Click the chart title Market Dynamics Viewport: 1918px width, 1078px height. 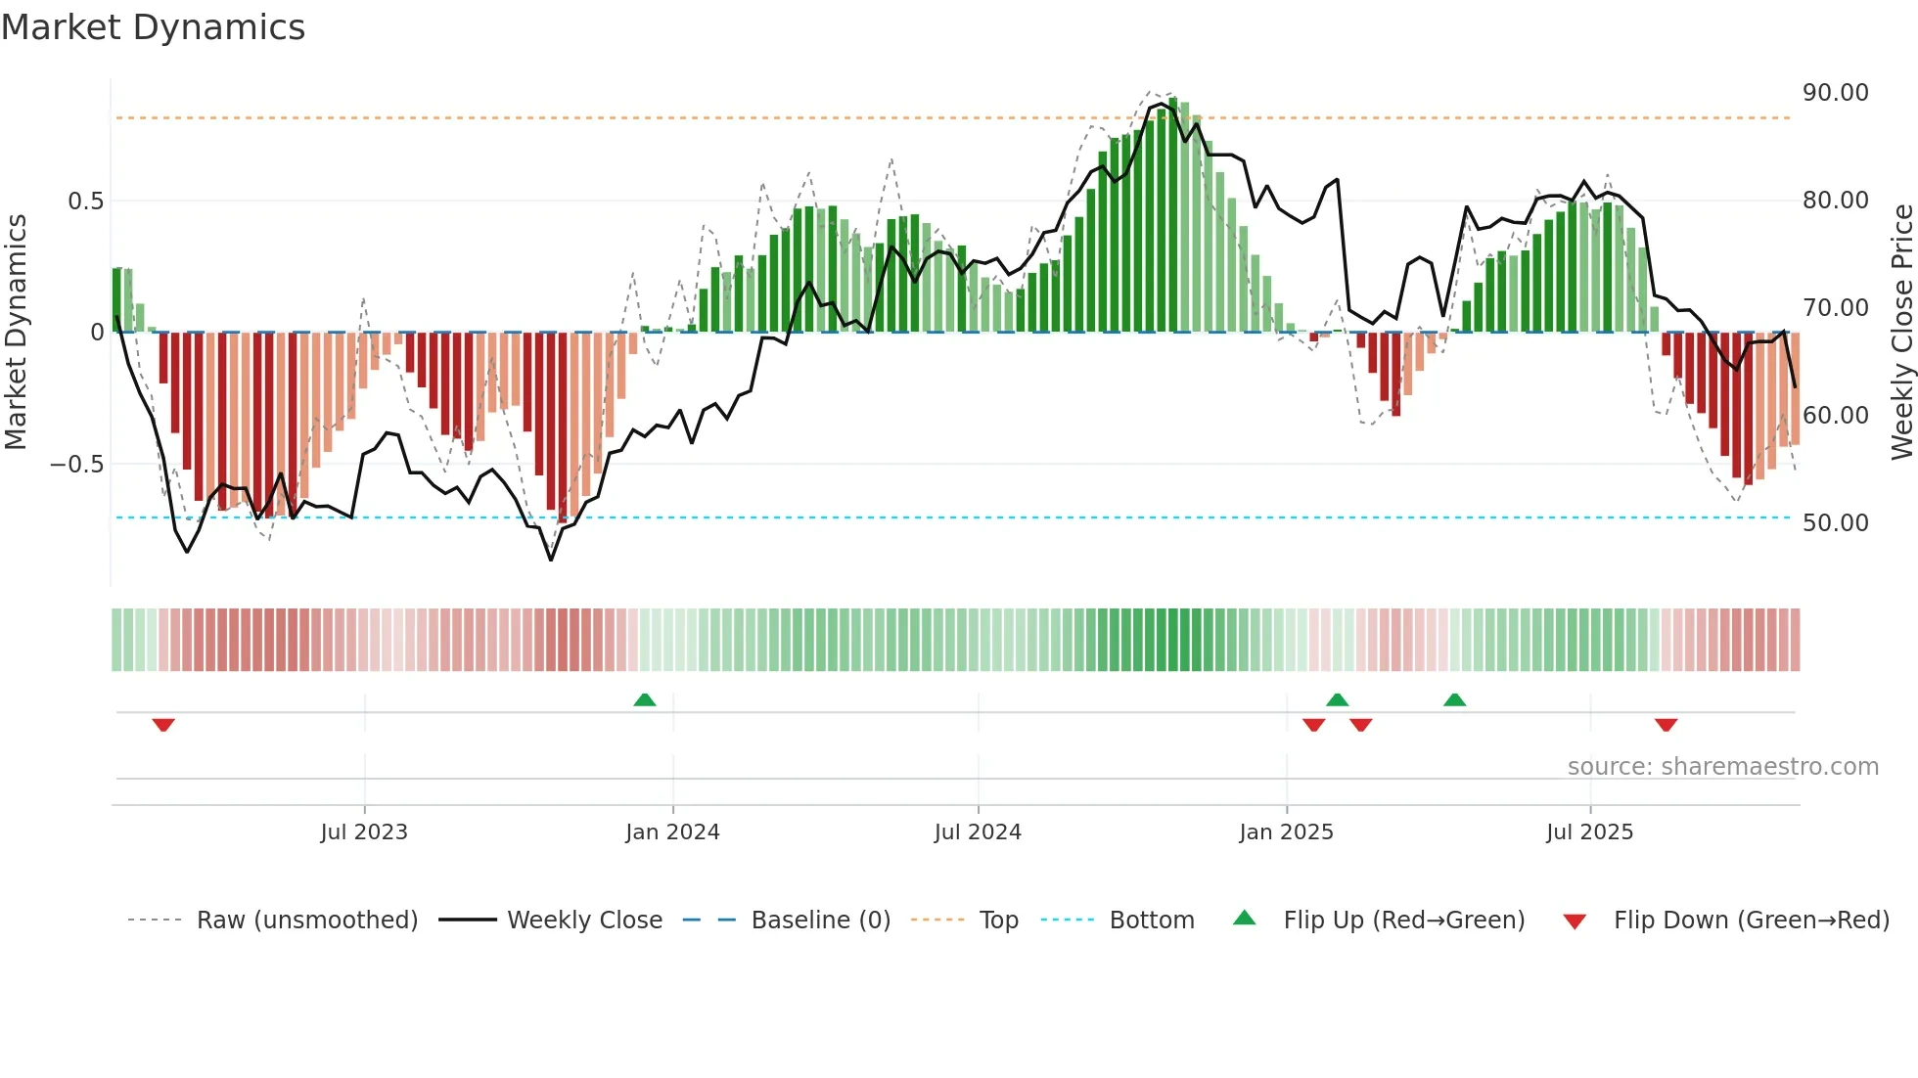tap(154, 27)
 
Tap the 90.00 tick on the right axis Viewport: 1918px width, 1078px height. tap(1835, 93)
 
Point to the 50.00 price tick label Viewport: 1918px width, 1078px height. tap(1835, 523)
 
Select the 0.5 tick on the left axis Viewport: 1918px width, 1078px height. tap(85, 202)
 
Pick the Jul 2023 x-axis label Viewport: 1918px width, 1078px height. tap(364, 832)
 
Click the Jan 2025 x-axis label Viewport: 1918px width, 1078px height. tap(1286, 832)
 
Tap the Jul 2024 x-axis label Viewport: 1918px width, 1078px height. tap(978, 832)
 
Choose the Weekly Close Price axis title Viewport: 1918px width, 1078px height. tap(1901, 333)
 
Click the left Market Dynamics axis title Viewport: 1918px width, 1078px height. tap(17, 333)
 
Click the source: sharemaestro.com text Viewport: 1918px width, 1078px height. tap(1722, 767)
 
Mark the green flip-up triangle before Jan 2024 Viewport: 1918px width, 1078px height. tap(645, 700)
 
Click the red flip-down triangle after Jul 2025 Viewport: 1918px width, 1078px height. tap(1667, 725)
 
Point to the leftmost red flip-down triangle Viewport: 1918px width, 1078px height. tap(163, 725)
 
